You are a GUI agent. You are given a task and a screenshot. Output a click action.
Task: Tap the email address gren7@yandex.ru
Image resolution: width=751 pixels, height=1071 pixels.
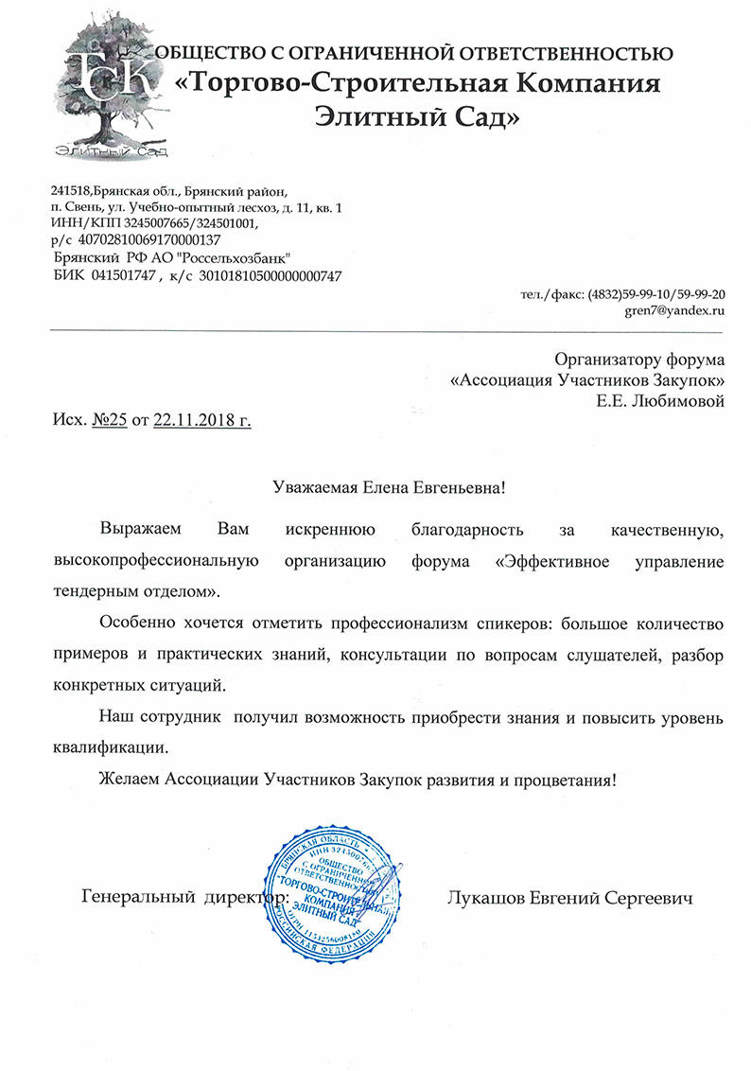point(673,309)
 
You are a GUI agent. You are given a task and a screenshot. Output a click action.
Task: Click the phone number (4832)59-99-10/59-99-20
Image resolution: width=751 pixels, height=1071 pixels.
point(656,293)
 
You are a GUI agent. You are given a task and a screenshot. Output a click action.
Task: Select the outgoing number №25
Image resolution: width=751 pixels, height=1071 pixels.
point(109,420)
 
